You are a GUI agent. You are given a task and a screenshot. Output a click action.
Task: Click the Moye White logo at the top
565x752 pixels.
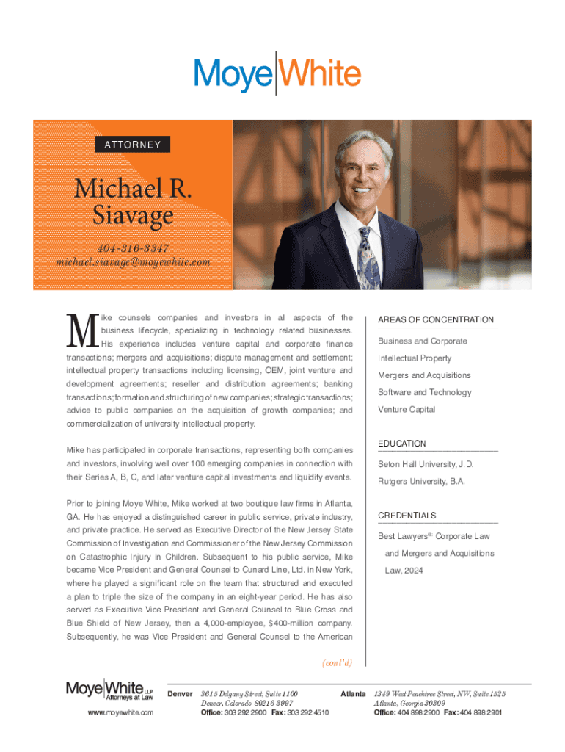tap(277, 73)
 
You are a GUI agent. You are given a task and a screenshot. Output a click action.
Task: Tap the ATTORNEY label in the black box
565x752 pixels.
tap(132, 145)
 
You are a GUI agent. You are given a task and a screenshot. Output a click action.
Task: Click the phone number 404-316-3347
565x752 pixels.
tap(133, 246)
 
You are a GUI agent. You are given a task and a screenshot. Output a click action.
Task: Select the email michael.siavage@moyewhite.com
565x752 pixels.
tap(133, 261)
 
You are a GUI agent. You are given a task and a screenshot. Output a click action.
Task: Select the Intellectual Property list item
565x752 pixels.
tap(415, 358)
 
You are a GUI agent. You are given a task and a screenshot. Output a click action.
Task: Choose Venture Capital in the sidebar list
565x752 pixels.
tap(406, 409)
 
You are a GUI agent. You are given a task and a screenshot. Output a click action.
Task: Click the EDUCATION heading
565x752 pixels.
tap(401, 444)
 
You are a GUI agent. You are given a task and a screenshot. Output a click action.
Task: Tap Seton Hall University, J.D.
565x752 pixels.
tap(426, 464)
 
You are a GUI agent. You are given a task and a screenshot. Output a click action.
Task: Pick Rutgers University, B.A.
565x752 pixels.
tap(421, 482)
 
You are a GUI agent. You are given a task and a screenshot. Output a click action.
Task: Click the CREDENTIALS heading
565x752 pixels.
tap(407, 516)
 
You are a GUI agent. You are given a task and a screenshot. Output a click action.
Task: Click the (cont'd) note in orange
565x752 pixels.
tap(337, 662)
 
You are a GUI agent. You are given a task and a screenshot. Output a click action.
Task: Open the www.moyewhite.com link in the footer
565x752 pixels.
tap(109, 712)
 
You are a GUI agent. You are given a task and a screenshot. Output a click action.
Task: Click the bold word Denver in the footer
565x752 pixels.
tap(181, 693)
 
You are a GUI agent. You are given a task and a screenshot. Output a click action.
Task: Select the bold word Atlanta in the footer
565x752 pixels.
tap(353, 693)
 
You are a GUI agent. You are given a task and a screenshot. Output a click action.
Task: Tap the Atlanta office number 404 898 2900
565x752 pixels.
tap(420, 712)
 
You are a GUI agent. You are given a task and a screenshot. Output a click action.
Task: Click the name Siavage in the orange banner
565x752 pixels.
tap(133, 216)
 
